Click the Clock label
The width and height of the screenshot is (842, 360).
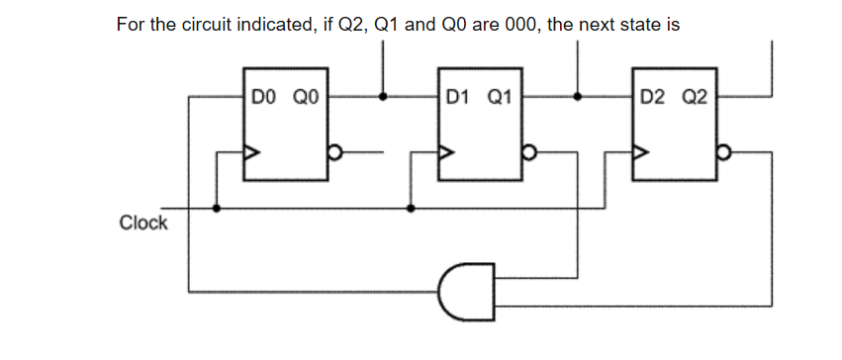tap(143, 223)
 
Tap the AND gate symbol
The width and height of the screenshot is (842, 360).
tap(466, 291)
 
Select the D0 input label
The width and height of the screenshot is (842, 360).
tap(263, 98)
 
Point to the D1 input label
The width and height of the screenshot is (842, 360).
tap(457, 98)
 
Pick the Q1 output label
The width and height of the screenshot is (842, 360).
tap(499, 98)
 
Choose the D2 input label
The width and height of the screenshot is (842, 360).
tap(652, 98)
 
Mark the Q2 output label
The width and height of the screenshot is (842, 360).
tap(694, 98)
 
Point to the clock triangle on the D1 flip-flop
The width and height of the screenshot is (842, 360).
tap(447, 153)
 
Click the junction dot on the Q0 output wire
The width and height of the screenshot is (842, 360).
tap(384, 98)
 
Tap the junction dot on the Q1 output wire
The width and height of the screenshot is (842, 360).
tap(578, 98)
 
